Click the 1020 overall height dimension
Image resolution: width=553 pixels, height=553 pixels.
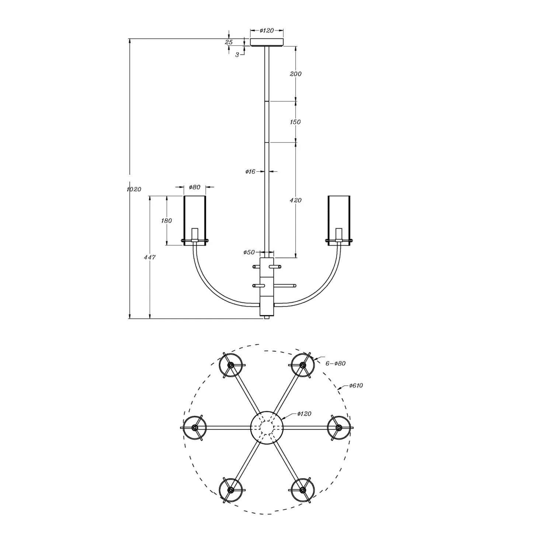coord(134,189)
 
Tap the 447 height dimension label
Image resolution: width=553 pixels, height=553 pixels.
coord(150,257)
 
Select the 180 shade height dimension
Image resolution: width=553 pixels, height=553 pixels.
coord(167,220)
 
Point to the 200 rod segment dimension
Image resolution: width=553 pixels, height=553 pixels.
coord(296,74)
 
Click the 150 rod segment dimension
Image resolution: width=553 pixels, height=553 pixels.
coord(295,122)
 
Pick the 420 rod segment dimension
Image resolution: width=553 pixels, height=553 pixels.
coord(296,200)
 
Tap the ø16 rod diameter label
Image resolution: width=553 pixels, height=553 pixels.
coord(250,171)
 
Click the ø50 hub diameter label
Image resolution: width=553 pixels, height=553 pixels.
coord(249,252)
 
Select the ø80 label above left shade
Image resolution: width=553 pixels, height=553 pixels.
coord(195,187)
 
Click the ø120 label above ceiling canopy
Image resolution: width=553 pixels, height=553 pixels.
coord(267,31)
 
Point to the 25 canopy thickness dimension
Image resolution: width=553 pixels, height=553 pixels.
coord(229,42)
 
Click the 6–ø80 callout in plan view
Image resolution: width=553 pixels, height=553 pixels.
coord(335,363)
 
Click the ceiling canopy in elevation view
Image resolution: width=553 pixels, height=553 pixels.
coord(267,42)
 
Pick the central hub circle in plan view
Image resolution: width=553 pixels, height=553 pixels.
coord(267,427)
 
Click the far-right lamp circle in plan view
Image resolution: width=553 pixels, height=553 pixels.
coord(339,427)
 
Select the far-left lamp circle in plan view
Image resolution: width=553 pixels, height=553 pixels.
coord(195,427)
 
